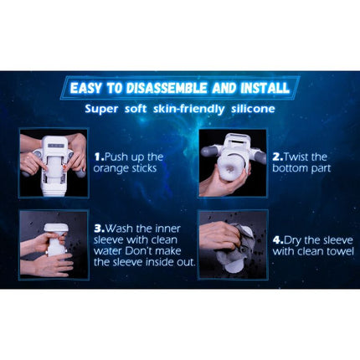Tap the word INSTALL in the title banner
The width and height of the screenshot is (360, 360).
tap(265, 88)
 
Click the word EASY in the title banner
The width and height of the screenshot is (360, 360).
tap(89, 88)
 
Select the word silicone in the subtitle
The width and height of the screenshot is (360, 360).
tap(245, 109)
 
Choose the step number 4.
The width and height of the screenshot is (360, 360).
tap(275, 226)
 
